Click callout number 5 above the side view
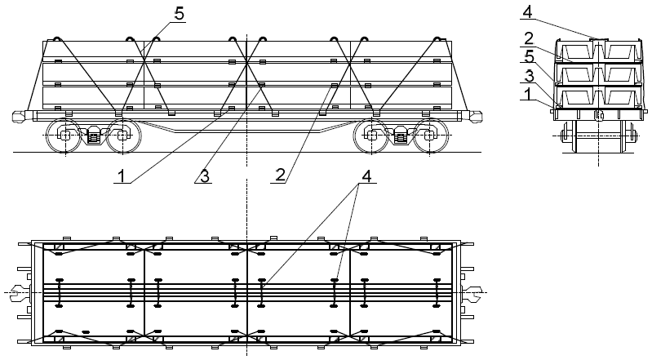179,14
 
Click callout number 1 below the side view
121,176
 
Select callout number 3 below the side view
205,176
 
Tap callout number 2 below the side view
281,176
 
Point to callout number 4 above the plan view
366,176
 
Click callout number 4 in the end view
527,11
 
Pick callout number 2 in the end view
529,38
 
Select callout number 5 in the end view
530,56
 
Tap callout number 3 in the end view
529,76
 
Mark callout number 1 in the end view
527,94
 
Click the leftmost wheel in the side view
64,136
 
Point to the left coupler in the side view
19,116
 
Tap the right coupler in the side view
474,116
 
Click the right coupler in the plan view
473,293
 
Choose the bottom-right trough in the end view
621,96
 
